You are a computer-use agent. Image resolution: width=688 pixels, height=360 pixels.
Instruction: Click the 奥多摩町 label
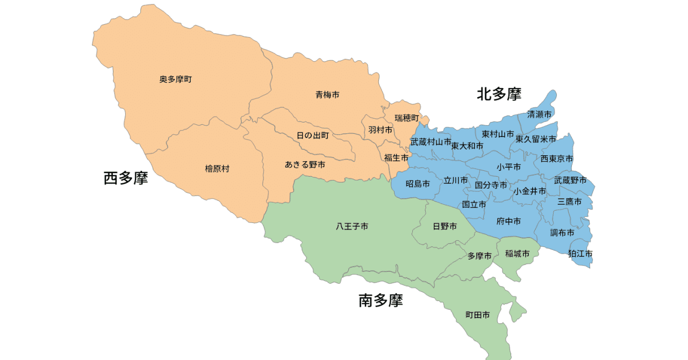[x=175, y=80]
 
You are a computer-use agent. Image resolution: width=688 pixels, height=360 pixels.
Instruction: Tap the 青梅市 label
[x=327, y=95]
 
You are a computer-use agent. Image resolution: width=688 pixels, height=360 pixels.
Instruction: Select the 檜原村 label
[x=217, y=169]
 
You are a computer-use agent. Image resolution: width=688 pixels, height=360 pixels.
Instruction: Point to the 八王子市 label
[x=352, y=227]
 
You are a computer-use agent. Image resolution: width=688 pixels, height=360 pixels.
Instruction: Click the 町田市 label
[x=477, y=315]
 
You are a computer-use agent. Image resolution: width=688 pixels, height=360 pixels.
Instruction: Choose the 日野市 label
[x=445, y=227]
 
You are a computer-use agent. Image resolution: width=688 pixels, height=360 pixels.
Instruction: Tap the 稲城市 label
[x=518, y=254]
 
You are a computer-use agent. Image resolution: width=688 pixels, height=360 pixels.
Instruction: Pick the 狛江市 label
[x=580, y=253]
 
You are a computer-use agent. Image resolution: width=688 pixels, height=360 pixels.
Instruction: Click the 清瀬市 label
[x=539, y=114]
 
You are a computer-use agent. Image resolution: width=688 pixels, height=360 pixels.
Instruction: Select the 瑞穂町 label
[x=406, y=118]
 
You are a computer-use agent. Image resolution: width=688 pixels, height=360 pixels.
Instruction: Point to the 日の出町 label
[x=313, y=135]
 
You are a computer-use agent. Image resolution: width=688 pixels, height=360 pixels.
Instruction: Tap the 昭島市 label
[x=418, y=184]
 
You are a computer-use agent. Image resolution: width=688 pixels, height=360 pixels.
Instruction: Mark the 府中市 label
[x=508, y=221]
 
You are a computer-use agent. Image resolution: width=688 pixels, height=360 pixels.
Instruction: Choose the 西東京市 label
[x=557, y=159]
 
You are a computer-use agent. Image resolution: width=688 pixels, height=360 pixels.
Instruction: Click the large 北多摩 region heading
[x=499, y=95]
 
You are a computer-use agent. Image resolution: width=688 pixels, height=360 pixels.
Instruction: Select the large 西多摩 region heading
[x=126, y=178]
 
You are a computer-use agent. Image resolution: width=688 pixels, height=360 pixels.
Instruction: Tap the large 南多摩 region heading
[x=381, y=300]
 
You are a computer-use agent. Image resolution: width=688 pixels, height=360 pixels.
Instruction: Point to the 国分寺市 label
[x=491, y=185]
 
